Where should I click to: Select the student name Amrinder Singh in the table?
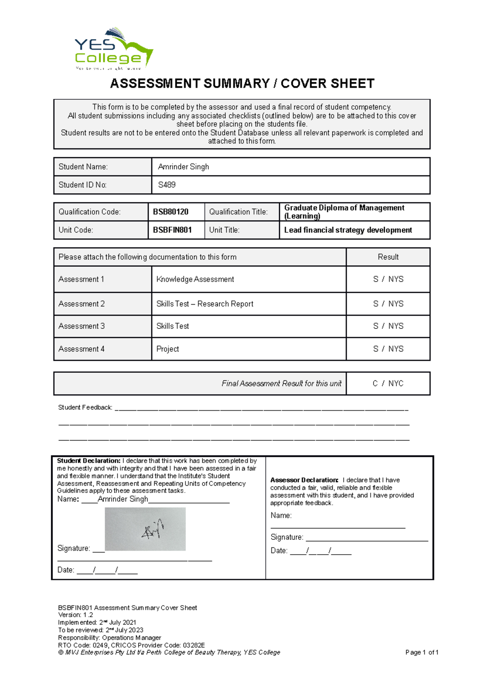184,167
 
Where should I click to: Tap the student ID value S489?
167,185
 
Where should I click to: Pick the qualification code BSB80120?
171,212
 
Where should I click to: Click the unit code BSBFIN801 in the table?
172,230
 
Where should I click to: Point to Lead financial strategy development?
348,230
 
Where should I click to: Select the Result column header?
388,257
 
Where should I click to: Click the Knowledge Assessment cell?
195,279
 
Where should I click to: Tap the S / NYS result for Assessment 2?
388,304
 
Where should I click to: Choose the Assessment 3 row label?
81,326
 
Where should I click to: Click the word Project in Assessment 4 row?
167,349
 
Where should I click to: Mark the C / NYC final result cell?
388,383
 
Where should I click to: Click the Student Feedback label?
85,407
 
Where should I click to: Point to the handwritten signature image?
145,529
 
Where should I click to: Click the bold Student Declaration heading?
89,461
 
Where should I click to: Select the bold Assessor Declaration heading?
304,480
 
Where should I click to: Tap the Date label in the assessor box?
279,551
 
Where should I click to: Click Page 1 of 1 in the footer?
421,652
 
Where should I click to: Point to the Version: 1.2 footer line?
75,615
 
